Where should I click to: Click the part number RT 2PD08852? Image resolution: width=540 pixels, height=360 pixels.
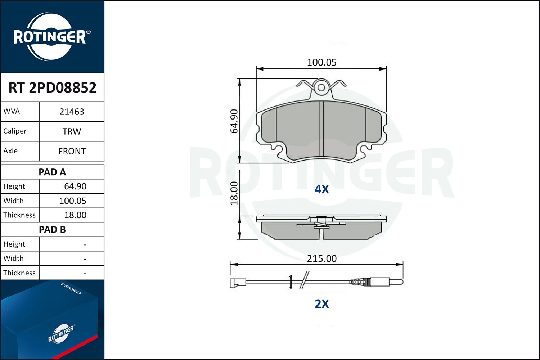tap(52, 87)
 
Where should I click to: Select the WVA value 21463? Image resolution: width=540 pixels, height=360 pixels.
tap(72, 112)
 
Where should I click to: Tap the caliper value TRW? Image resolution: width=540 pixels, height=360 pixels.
tap(72, 131)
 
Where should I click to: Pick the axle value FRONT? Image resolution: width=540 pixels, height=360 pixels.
tap(72, 151)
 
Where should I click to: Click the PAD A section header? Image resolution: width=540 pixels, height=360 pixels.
tap(52, 172)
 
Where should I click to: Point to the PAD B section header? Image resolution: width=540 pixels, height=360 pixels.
tap(52, 230)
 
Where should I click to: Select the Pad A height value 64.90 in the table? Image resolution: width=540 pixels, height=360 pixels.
tap(75, 186)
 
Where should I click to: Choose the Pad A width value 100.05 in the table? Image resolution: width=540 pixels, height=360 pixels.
tap(73, 201)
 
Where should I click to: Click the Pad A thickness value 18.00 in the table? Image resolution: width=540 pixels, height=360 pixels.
tap(75, 215)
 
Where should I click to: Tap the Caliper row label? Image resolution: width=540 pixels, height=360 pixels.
tap(15, 131)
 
